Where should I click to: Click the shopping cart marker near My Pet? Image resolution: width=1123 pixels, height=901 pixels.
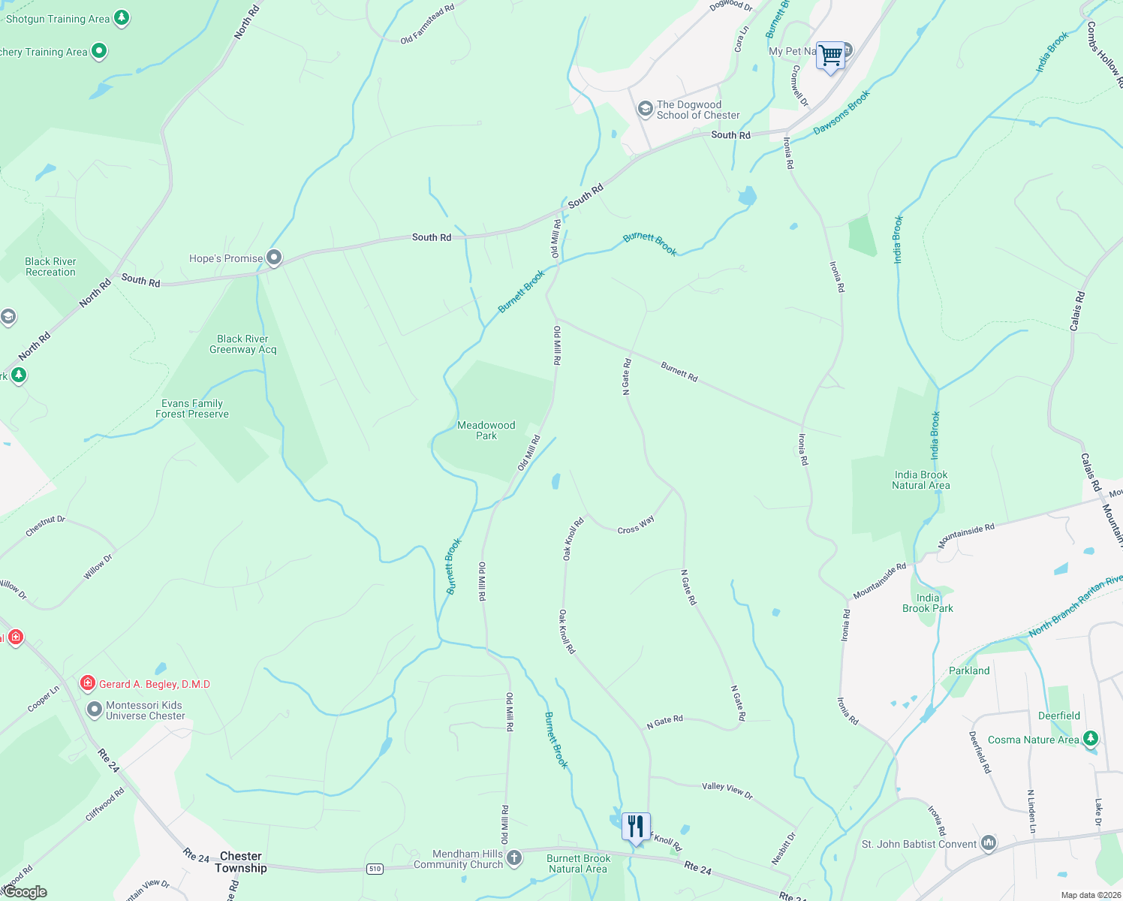tap(830, 56)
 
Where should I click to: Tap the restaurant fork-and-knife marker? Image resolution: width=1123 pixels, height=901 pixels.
tap(636, 827)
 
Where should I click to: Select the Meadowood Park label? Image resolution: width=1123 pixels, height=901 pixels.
tap(486, 430)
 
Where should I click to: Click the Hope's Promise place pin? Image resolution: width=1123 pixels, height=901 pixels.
tap(275, 258)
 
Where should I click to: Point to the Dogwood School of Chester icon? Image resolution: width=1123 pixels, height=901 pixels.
tap(645, 110)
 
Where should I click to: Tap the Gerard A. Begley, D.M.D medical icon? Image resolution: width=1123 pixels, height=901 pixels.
tap(88, 683)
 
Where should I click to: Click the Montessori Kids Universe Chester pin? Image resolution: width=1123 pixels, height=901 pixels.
tap(94, 710)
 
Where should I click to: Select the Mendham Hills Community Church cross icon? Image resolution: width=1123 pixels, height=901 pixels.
tap(514, 857)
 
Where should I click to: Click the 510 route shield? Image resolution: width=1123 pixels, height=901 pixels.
tap(375, 869)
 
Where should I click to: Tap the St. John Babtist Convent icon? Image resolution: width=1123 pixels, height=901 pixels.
tap(989, 844)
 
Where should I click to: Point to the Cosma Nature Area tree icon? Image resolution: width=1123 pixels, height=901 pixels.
tap(1091, 739)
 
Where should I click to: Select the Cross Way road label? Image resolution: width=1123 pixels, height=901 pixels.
tap(636, 525)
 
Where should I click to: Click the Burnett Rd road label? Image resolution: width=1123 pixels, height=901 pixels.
tap(679, 372)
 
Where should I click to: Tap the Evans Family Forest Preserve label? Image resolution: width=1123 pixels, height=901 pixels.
tap(192, 408)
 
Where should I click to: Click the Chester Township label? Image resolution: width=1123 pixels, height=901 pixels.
tap(241, 862)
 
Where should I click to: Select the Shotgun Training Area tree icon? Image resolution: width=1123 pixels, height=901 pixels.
tap(122, 18)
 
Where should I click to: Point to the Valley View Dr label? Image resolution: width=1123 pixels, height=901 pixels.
tap(727, 790)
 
